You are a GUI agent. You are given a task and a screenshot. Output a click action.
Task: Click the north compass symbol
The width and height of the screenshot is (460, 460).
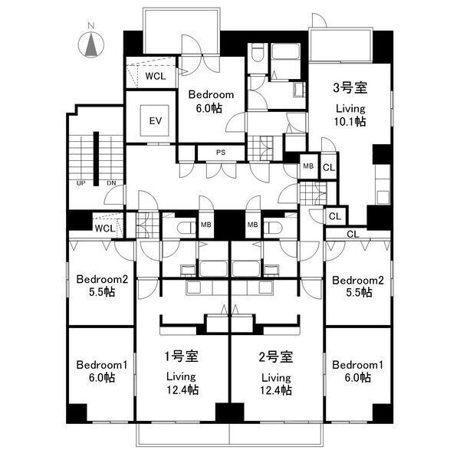[x=91, y=44]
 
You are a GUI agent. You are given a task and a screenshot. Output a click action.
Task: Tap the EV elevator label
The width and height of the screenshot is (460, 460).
[x=155, y=120]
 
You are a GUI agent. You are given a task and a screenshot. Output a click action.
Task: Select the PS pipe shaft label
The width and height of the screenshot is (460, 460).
[x=221, y=153]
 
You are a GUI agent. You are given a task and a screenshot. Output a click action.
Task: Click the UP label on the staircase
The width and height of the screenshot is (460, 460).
[x=80, y=183]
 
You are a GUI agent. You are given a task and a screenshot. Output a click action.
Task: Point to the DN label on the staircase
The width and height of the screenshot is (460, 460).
[x=111, y=183]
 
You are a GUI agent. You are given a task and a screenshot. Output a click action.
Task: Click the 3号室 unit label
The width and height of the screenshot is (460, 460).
[x=350, y=87]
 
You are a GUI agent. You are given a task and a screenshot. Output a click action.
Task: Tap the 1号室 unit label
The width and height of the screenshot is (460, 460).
[x=181, y=356]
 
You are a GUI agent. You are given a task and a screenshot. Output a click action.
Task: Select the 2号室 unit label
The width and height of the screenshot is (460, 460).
[x=276, y=356]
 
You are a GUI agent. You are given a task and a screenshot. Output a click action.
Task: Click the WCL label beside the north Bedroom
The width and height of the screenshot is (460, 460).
[x=156, y=76]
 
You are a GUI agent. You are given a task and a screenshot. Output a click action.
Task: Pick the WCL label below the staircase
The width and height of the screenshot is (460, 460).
[x=105, y=228]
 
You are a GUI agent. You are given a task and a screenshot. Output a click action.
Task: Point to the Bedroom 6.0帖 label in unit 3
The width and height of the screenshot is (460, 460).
[x=211, y=101]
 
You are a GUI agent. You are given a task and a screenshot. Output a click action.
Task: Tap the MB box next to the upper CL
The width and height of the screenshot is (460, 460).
[x=308, y=166]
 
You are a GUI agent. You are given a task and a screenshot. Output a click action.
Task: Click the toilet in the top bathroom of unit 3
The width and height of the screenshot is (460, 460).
[x=258, y=53]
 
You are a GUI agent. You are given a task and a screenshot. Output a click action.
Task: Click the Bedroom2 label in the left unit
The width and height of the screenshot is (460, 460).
[x=102, y=279]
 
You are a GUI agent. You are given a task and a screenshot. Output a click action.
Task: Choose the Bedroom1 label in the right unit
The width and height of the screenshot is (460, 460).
[x=357, y=365]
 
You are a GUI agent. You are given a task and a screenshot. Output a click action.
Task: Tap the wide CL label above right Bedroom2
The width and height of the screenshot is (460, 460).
[x=353, y=234]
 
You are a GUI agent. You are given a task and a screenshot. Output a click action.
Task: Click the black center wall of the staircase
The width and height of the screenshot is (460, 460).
[x=96, y=159]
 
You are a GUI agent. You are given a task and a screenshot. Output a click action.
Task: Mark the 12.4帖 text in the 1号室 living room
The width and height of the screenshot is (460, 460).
[x=182, y=390]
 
